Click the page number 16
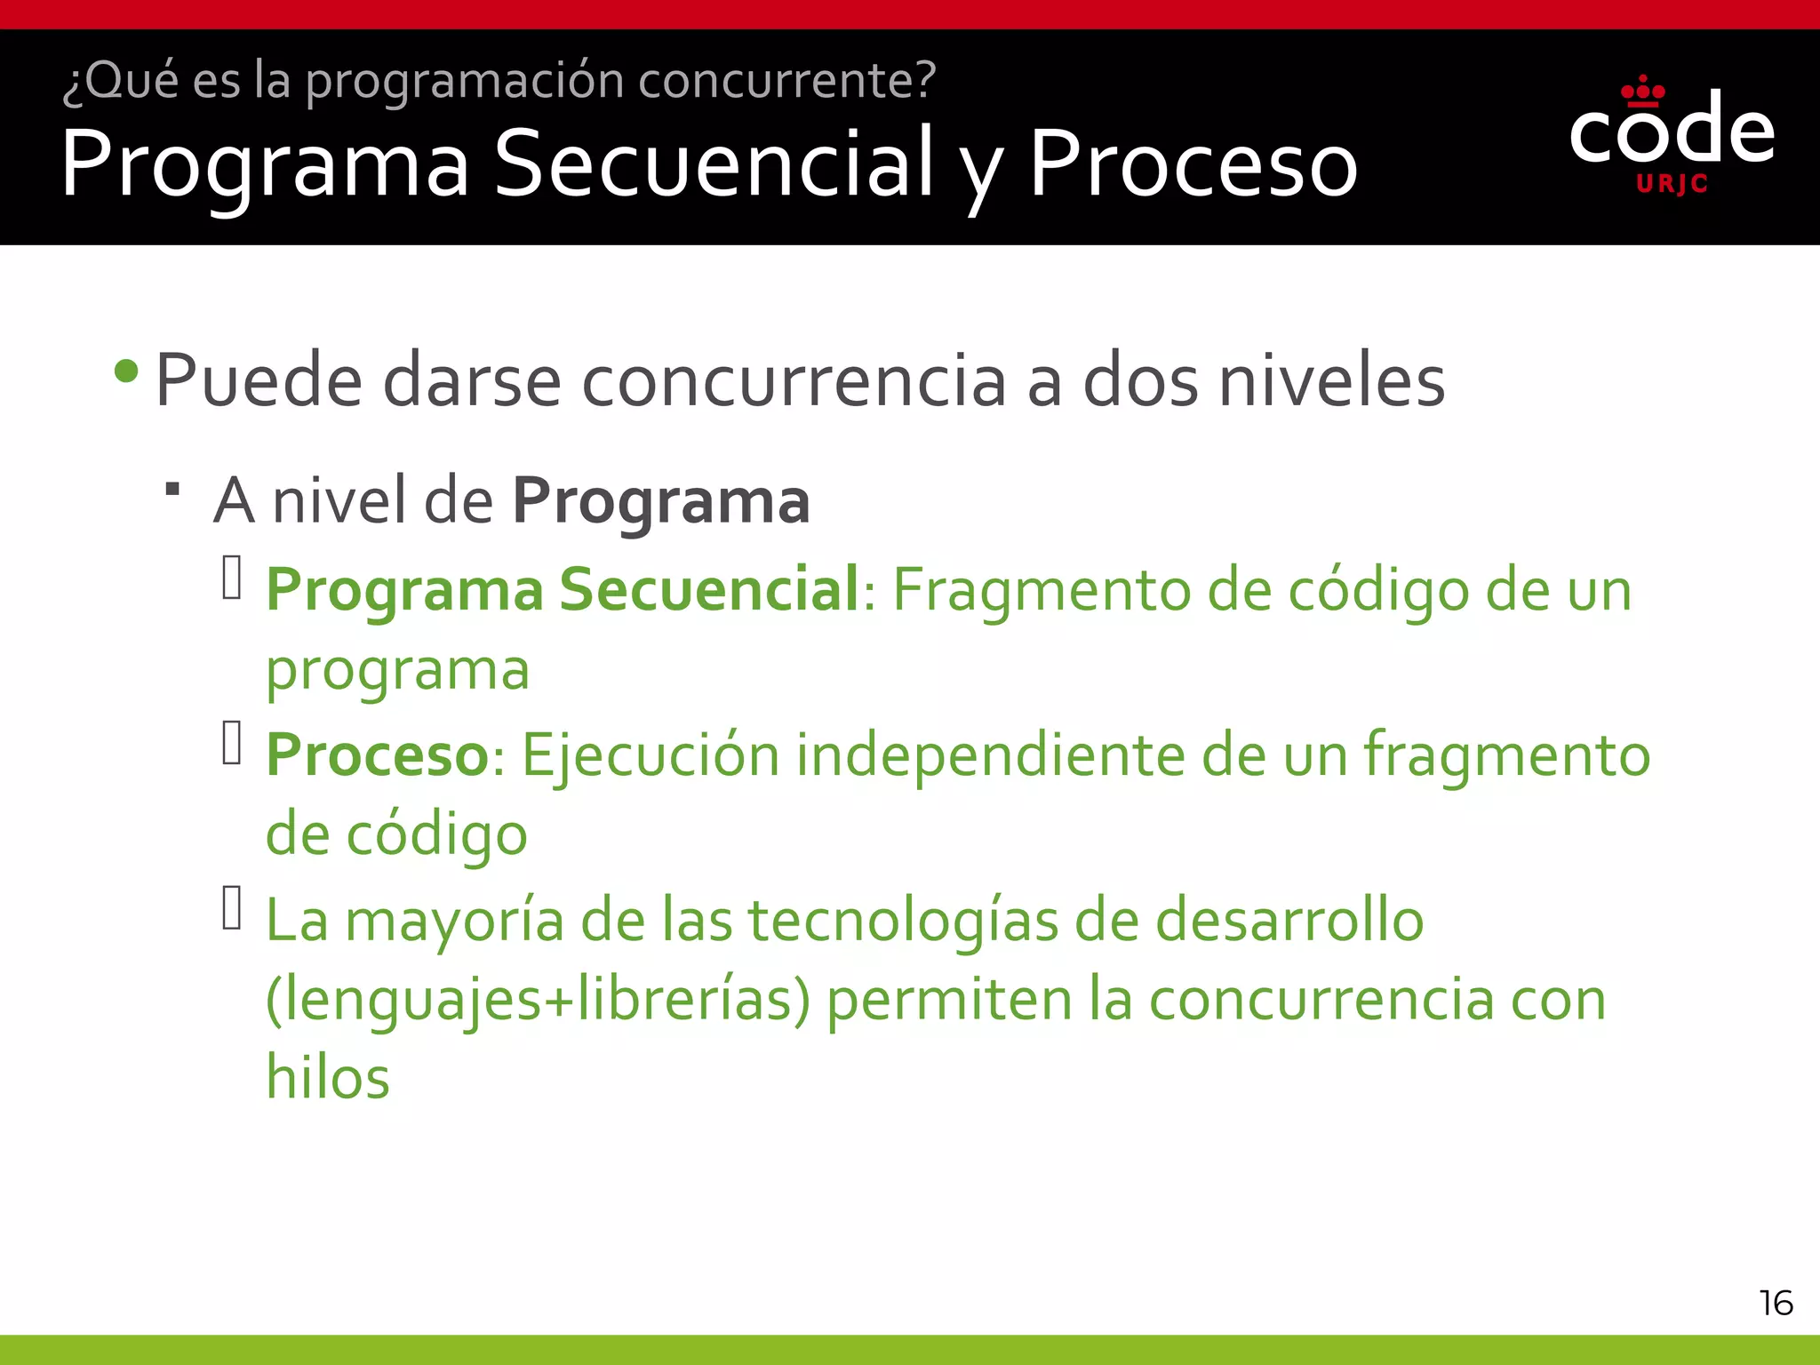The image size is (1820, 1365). pyautogui.click(x=1776, y=1304)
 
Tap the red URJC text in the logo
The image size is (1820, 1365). pyautogui.click(x=1672, y=184)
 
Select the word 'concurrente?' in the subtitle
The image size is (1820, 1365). pyautogui.click(x=786, y=80)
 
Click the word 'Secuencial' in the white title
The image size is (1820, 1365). pyautogui.click(x=713, y=164)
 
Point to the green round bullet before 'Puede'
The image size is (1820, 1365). pyautogui.click(x=127, y=371)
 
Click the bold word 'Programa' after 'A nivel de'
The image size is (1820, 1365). pyautogui.click(x=660, y=500)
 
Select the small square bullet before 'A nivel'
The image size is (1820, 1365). pyautogui.click(x=173, y=488)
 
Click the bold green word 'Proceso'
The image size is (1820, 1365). pyautogui.click(x=377, y=755)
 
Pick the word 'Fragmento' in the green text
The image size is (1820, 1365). pyautogui.click(x=1042, y=590)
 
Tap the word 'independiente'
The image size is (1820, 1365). pyautogui.click(x=989, y=755)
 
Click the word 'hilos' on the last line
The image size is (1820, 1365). pyautogui.click(x=328, y=1077)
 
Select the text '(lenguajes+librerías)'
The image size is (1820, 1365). pyautogui.click(x=538, y=1000)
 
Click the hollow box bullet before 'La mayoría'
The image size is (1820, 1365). pyautogui.click(x=232, y=908)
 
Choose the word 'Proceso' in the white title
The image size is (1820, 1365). pyautogui.click(x=1193, y=164)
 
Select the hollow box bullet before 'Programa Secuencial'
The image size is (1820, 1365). pyautogui.click(x=232, y=578)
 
